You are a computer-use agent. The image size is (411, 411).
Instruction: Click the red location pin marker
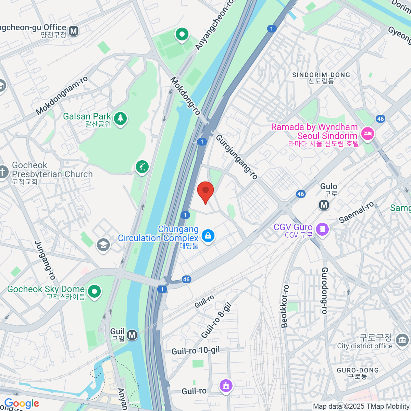point(206,191)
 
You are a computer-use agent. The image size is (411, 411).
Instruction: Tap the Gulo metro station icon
point(324,205)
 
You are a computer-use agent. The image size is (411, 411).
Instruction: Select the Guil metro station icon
point(132,335)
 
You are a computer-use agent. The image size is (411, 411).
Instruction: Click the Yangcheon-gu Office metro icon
point(73,31)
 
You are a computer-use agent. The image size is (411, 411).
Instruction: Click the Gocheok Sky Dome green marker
point(95,291)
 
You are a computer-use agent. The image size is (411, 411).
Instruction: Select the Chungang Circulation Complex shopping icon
point(208,236)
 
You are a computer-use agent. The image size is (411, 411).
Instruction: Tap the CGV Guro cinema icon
point(322,229)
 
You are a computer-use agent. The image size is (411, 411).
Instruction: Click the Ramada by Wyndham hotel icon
point(368,133)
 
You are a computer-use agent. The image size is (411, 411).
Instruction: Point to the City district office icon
point(402,340)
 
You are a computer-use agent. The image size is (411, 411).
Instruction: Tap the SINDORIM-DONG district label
point(321,75)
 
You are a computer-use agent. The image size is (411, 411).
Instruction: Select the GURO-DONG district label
point(358,371)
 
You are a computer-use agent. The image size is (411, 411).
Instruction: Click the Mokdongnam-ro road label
point(62,96)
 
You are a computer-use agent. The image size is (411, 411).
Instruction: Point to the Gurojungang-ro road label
point(236,157)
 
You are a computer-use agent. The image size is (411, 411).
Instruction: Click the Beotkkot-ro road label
point(285,306)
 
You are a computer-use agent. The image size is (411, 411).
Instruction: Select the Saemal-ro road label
point(357,213)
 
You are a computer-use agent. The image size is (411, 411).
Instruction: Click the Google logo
point(22,403)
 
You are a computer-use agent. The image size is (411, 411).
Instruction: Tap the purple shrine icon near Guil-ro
point(226,386)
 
